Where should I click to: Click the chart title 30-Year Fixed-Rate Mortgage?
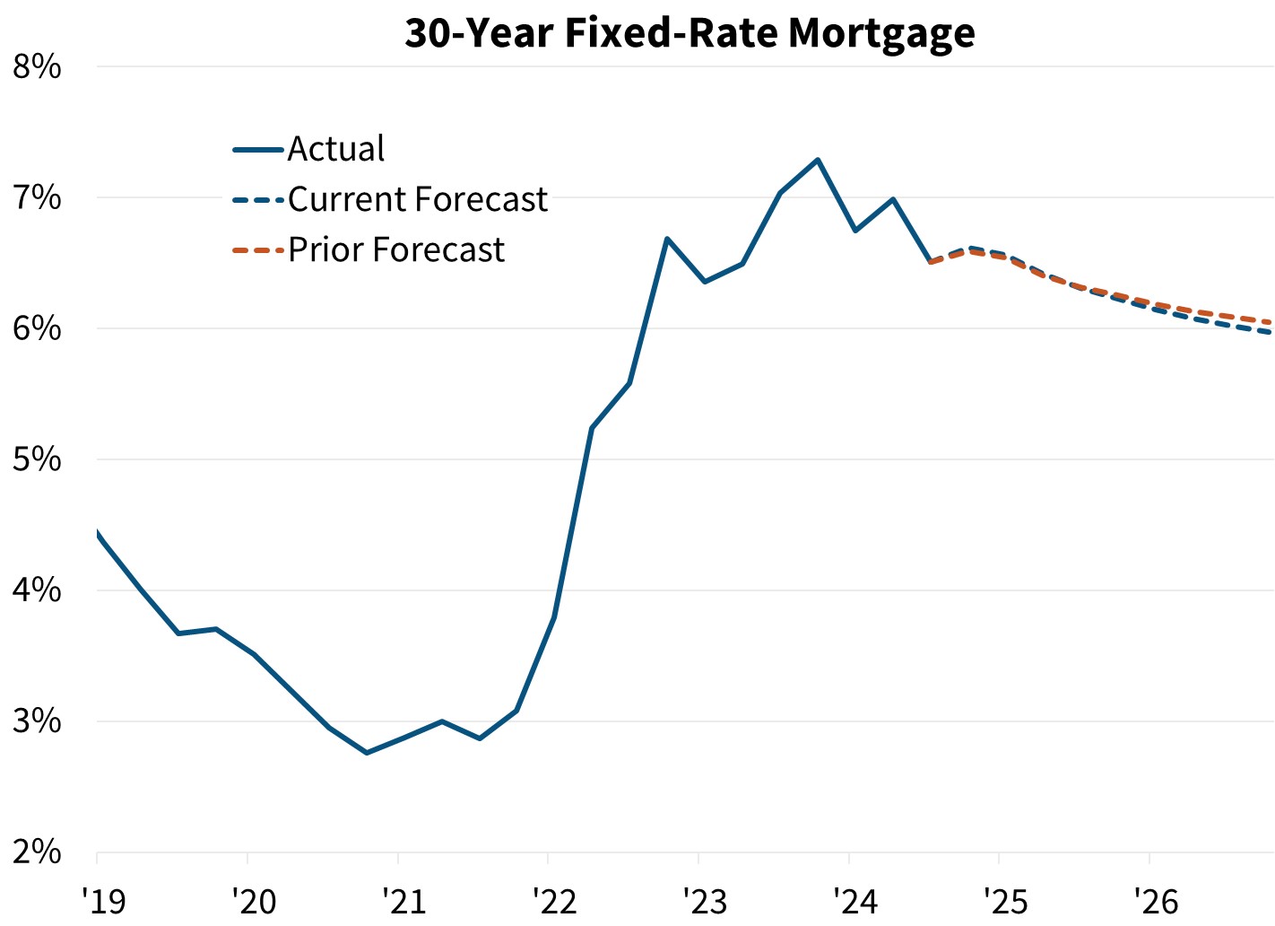(690, 32)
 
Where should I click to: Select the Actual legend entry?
(335, 149)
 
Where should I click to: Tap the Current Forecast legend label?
(417, 199)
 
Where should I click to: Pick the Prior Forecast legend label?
(395, 249)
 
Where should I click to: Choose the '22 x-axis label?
(548, 900)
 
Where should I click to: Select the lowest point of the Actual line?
(367, 753)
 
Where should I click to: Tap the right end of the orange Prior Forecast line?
(1271, 322)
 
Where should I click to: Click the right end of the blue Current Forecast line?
(1271, 333)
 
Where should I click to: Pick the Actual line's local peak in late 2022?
(667, 239)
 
